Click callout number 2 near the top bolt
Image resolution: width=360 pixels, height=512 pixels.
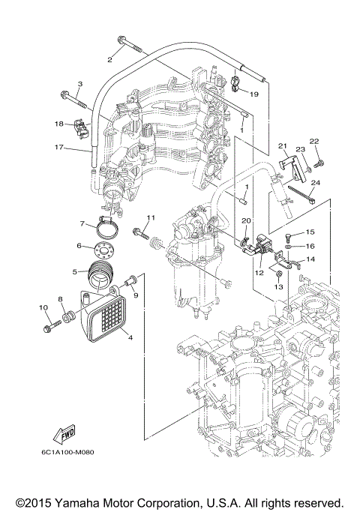point(109,58)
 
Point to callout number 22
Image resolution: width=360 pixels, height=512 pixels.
point(314,141)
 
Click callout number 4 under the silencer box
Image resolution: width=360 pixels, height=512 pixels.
point(130,337)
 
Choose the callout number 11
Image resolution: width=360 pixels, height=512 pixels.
point(150,217)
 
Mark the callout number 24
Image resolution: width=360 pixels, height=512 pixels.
point(315,182)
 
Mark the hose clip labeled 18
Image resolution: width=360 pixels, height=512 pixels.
point(83,130)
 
